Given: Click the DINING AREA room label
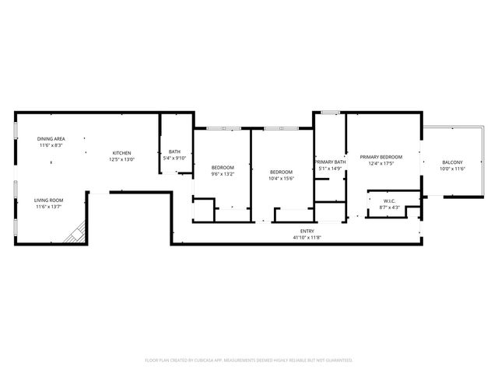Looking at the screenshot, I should tap(51, 139).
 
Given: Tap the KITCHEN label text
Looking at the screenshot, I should tap(121, 153).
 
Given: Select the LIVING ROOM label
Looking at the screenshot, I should tap(48, 200).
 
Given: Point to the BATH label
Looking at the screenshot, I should tap(174, 152).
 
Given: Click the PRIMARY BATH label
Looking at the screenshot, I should tap(329, 162).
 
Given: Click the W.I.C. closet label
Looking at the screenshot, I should tap(389, 201).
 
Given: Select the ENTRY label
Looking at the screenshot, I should tap(307, 231).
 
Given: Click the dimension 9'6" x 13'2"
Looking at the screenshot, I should tap(223, 174).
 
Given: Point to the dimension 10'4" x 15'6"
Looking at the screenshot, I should tap(281, 178).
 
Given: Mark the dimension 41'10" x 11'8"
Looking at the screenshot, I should tap(307, 237).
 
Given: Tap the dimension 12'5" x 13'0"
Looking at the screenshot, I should tap(121, 159).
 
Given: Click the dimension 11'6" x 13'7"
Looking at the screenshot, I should tap(48, 207).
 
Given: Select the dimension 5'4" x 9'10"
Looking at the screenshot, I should tap(174, 159).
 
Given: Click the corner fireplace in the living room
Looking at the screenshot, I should tap(76, 232).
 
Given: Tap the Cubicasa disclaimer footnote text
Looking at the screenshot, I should tap(249, 360).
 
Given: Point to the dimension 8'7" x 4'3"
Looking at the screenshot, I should tap(389, 207).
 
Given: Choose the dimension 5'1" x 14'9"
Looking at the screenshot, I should tap(329, 168).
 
